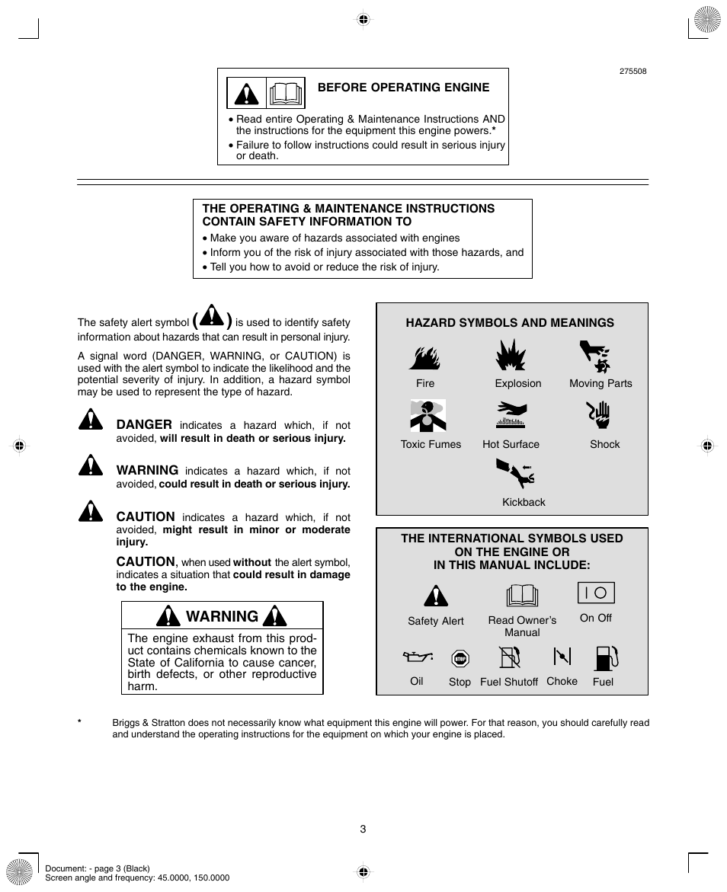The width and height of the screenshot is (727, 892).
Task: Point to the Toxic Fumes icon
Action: pyautogui.click(x=428, y=416)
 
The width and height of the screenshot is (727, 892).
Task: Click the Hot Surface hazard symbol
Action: pyautogui.click(x=511, y=415)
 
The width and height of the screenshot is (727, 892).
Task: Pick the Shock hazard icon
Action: pyautogui.click(x=600, y=415)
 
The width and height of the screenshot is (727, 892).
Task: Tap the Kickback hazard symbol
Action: pyautogui.click(x=516, y=475)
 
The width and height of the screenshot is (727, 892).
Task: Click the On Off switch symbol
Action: pyautogui.click(x=595, y=593)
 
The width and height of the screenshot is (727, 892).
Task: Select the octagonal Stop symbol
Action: pyautogui.click(x=460, y=658)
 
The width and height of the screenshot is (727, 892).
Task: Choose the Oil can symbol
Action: pyautogui.click(x=417, y=657)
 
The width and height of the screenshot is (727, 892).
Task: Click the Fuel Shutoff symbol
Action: pyautogui.click(x=509, y=657)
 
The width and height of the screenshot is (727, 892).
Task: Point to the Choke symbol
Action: pyautogui.click(x=562, y=657)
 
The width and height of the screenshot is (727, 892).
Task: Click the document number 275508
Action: pyautogui.click(x=633, y=72)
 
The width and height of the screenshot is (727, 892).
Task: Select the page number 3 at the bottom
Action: pyautogui.click(x=363, y=829)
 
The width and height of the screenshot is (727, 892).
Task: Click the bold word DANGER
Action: pyautogui.click(x=144, y=424)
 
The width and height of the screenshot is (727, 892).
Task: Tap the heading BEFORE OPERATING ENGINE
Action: pyautogui.click(x=403, y=88)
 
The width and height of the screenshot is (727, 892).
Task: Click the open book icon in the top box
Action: pyautogui.click(x=285, y=94)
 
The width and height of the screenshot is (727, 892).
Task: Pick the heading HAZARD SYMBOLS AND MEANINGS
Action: pyautogui.click(x=509, y=323)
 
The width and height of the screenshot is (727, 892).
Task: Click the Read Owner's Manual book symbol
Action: pyautogui.click(x=522, y=596)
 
